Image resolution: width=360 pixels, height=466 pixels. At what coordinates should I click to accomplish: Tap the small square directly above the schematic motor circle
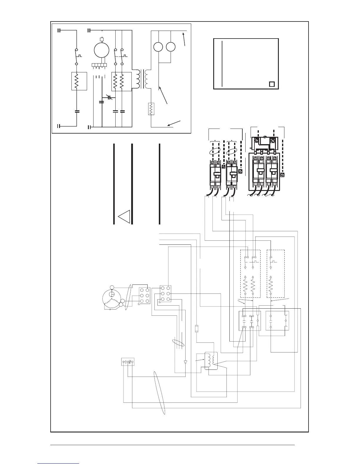tap(102, 39)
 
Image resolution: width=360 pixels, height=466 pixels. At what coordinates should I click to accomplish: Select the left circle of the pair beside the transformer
tap(159, 47)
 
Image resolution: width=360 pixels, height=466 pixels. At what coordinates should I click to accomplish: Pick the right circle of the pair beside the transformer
tap(171, 47)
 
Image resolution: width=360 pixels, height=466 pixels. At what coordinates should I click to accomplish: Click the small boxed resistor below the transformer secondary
tap(151, 109)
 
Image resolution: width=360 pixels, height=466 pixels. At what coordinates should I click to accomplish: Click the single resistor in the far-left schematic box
tap(76, 81)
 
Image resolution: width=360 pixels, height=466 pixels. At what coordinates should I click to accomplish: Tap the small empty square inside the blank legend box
tap(272, 84)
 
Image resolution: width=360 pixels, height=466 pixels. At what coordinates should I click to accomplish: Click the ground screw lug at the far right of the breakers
tap(282, 175)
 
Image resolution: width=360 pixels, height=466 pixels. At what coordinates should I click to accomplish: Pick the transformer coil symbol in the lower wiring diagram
tap(211, 360)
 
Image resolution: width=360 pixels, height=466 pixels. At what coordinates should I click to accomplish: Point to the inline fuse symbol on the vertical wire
tap(197, 328)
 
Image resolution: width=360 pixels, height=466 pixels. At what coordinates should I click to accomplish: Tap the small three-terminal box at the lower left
tap(128, 362)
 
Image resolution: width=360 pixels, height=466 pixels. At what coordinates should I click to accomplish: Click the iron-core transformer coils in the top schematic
tap(142, 79)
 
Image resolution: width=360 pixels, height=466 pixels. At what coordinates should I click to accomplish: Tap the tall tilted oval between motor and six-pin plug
tap(128, 297)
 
